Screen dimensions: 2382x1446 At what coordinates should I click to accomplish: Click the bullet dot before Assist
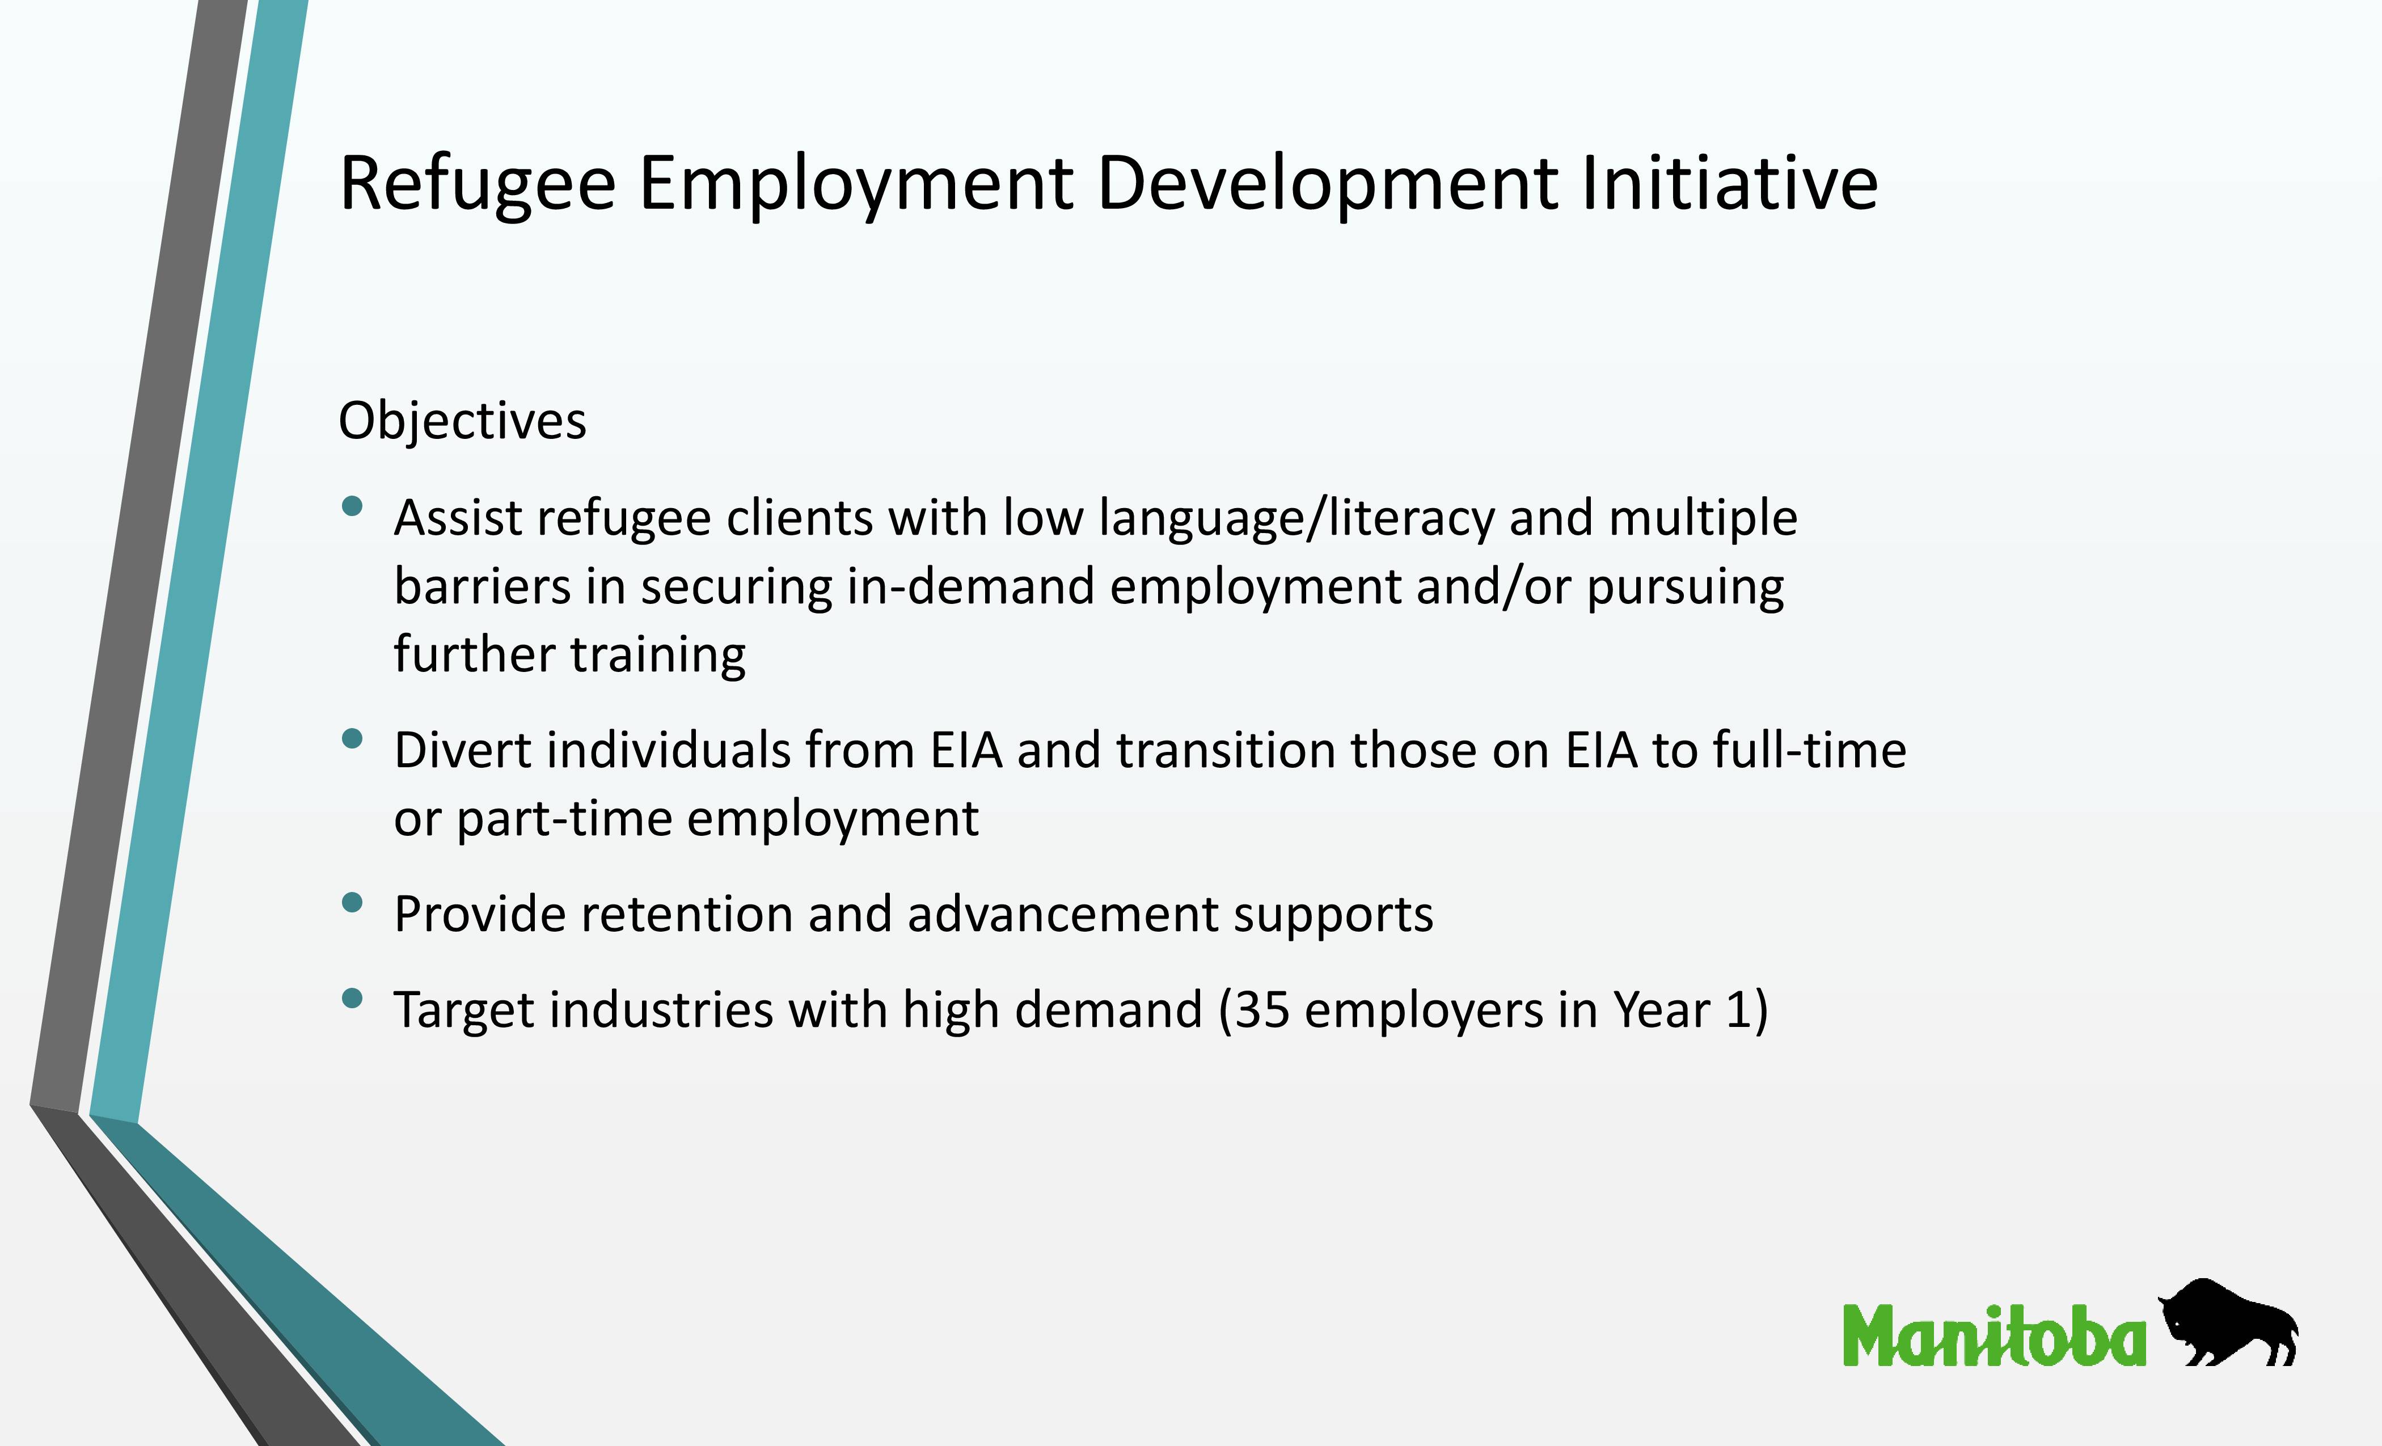pos(353,505)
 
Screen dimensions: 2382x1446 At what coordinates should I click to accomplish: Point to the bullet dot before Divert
pos(353,738)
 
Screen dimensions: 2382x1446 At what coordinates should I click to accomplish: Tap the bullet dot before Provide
pos(353,902)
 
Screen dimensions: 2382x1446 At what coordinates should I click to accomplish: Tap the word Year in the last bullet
pos(1661,1011)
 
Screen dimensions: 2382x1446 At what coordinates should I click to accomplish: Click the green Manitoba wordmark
pos(1994,1336)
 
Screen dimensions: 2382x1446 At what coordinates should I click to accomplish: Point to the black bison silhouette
pos(2227,1324)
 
